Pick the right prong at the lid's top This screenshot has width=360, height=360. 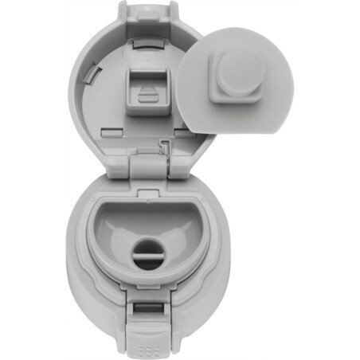(173, 10)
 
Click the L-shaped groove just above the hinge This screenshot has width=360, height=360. (165, 146)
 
